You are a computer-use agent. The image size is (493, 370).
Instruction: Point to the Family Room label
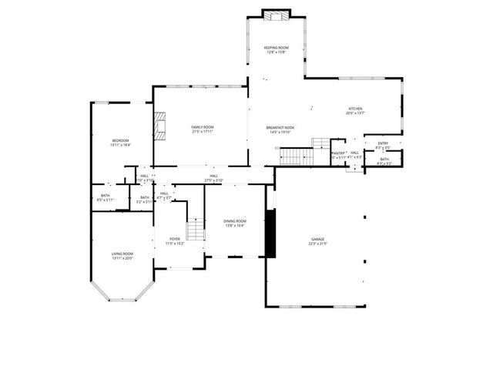[x=203, y=129]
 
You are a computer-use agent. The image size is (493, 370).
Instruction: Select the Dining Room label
[x=235, y=223]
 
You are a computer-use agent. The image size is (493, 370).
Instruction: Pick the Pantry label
[x=338, y=155]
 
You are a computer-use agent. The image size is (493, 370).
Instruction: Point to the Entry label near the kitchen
[x=383, y=144]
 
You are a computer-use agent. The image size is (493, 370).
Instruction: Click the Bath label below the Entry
[x=384, y=160]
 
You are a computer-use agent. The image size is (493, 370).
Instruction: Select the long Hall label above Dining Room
[x=213, y=178]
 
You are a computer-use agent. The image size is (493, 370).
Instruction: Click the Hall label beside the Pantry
[x=354, y=154]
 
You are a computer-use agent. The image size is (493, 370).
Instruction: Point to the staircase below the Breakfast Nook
[x=293, y=156]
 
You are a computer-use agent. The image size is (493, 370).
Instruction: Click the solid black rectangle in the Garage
[x=270, y=233]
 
